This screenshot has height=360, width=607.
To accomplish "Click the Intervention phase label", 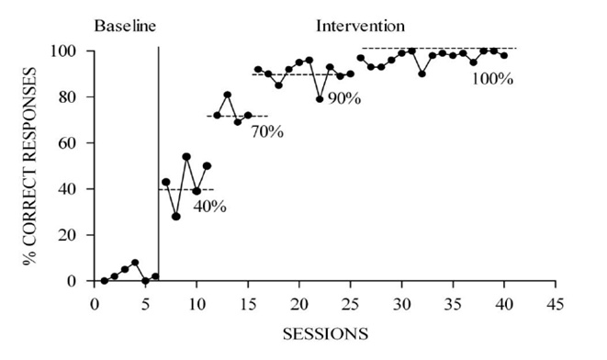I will click(x=360, y=25).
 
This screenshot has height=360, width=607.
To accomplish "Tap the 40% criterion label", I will click(x=209, y=206).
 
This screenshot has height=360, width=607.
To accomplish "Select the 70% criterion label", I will click(x=266, y=131).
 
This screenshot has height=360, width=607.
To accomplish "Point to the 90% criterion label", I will click(x=343, y=97).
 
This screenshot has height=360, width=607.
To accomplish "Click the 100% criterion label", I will click(x=491, y=79).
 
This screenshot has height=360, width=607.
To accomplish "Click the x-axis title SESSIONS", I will click(x=323, y=332).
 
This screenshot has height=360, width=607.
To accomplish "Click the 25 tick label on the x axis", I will click(x=350, y=304).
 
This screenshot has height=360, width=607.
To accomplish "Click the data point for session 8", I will click(x=175, y=217).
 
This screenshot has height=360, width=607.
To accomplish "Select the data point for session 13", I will click(x=227, y=95).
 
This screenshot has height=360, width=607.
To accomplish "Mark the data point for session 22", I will click(x=320, y=99).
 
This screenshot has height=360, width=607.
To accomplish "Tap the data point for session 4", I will click(x=135, y=263).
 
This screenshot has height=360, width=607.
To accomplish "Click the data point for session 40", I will click(x=504, y=55).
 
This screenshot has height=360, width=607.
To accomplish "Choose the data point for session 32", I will click(x=422, y=73).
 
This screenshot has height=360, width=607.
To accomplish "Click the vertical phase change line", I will click(x=158, y=165).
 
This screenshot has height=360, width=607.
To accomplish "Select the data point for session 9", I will click(x=186, y=156).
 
